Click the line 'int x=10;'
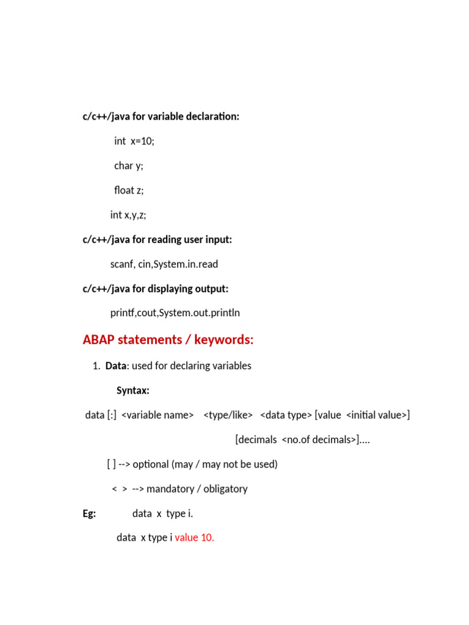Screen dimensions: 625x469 pyautogui.click(x=134, y=141)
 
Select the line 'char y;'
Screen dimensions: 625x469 pyautogui.click(x=128, y=165)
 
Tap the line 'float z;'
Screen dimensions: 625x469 pyautogui.click(x=128, y=190)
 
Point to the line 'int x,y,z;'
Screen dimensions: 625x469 pyautogui.click(x=128, y=215)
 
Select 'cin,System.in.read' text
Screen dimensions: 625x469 pyautogui.click(x=178, y=264)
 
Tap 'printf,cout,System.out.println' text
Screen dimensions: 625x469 pyautogui.click(x=175, y=313)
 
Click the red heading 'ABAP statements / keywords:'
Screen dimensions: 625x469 pyautogui.click(x=168, y=340)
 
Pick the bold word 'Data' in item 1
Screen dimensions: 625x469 pyautogui.click(x=115, y=366)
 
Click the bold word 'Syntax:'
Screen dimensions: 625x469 pyautogui.click(x=133, y=391)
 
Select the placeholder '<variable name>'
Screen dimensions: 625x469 pyautogui.click(x=158, y=415)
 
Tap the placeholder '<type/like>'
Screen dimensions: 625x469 pyautogui.click(x=228, y=415)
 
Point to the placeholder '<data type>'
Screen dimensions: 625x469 pyautogui.click(x=286, y=415)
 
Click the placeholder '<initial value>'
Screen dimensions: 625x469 pyautogui.click(x=376, y=415)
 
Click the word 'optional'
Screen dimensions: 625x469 pyautogui.click(x=151, y=464)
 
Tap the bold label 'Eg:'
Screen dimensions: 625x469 pyautogui.click(x=89, y=513)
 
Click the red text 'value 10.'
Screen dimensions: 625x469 pyautogui.click(x=195, y=538)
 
